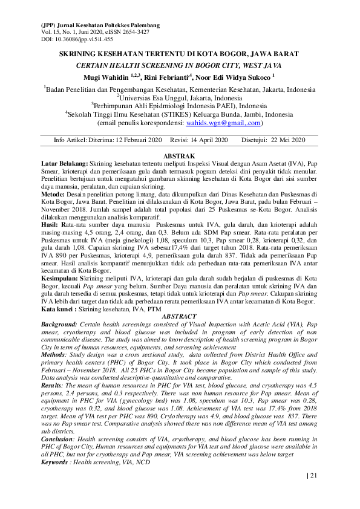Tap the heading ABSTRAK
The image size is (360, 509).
point(180,157)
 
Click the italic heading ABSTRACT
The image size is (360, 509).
point(180,317)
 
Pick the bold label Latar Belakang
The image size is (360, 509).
point(64,164)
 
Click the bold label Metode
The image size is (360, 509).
point(53,195)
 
